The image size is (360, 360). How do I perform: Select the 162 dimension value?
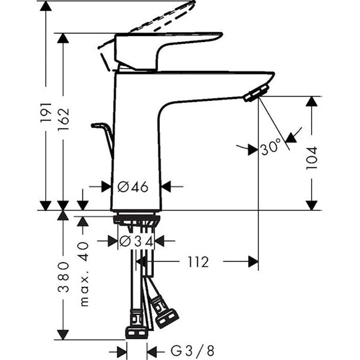click(x=63, y=119)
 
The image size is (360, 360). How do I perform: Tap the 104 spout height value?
click(x=311, y=158)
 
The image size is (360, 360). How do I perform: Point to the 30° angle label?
click(x=271, y=147)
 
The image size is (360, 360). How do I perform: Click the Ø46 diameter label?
click(x=133, y=187)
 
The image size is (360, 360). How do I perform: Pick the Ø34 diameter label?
click(x=136, y=241)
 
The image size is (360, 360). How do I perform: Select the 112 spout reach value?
click(x=198, y=262)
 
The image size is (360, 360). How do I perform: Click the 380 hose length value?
click(x=63, y=276)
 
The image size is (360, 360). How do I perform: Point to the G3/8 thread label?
click(x=192, y=350)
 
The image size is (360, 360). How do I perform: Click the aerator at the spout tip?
click(x=257, y=93)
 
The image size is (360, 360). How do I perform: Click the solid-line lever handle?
click(x=168, y=51)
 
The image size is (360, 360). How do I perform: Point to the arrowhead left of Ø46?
click(x=106, y=187)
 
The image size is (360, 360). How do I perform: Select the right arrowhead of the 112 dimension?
click(x=253, y=261)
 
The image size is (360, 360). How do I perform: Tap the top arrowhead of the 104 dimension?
click(x=311, y=102)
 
